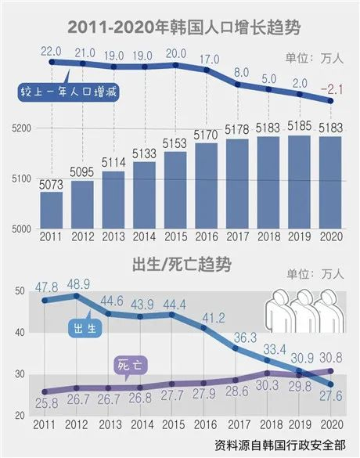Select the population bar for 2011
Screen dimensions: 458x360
pos(52,210)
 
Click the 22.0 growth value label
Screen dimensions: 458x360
pos(51,51)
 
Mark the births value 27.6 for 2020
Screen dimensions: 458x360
pos(332,399)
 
